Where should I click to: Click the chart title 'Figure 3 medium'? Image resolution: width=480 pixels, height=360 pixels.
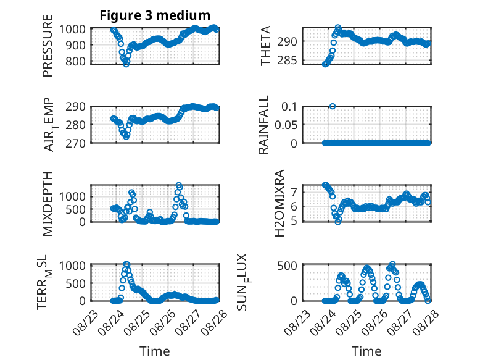click(155, 15)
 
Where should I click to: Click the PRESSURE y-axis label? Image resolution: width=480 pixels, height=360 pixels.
click(48, 46)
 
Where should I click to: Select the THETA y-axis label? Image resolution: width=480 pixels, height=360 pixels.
click(266, 46)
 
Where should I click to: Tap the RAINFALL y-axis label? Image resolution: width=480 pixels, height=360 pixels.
click(263, 124)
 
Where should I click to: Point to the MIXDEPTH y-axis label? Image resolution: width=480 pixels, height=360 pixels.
click(48, 203)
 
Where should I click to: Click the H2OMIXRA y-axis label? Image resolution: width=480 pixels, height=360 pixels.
click(279, 203)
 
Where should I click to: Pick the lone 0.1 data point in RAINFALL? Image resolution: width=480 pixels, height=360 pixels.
click(333, 106)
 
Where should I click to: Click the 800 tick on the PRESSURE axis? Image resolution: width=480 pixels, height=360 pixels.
click(76, 61)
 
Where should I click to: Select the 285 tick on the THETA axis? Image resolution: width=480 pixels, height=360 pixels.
click(287, 61)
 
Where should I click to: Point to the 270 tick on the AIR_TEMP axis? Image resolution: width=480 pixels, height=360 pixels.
click(76, 143)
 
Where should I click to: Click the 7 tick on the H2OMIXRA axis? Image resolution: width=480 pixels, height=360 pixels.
click(294, 192)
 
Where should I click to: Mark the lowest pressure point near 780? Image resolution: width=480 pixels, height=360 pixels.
click(126, 64)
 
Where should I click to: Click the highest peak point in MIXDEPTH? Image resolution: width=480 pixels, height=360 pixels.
click(179, 185)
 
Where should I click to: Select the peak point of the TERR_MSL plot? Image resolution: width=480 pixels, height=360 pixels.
click(126, 264)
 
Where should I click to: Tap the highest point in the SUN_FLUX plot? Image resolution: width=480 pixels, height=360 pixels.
click(392, 264)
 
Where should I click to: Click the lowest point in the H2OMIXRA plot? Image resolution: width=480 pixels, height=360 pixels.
click(338, 222)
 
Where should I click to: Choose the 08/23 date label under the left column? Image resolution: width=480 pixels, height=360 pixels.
click(86, 322)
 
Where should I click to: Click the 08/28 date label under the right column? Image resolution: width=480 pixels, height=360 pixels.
click(426, 322)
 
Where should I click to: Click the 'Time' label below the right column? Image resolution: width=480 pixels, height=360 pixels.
click(366, 351)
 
